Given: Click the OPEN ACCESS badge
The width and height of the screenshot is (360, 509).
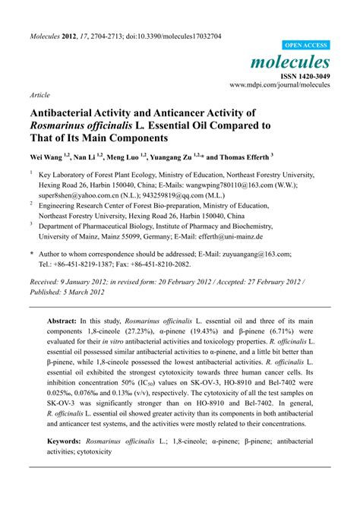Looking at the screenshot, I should [306, 45].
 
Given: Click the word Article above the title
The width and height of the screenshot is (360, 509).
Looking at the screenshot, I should [40, 96].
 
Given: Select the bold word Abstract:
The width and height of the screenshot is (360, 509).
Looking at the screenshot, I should [65, 321].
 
